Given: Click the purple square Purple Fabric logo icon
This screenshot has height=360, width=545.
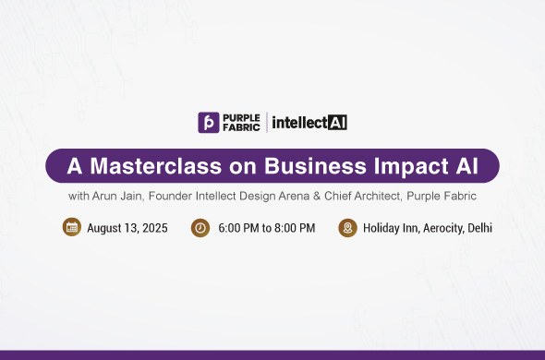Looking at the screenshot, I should coord(209,122).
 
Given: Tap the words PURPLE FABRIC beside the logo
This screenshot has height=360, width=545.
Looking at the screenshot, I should coord(242,122).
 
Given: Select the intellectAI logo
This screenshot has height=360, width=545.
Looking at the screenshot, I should coord(309,122).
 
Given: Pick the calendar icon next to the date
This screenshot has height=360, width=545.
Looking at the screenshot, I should coord(72,227).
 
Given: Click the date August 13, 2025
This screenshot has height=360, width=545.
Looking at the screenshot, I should coord(127,228).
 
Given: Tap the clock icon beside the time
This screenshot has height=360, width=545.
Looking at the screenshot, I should coord(200,227).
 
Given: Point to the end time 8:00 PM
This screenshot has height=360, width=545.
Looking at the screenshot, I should coord(293,228).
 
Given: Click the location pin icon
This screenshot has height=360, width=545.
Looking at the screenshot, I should coord(347,227).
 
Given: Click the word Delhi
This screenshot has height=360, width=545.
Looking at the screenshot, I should coord(478,228).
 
